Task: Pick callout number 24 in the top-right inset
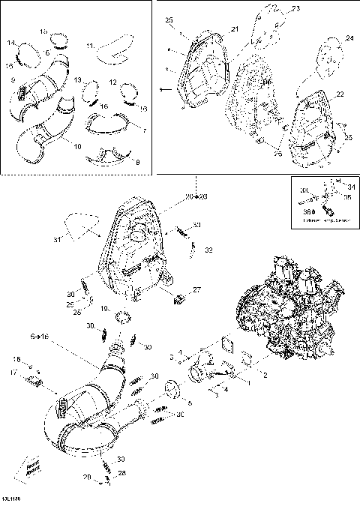pos(348,38)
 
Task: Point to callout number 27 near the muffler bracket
pos(196,289)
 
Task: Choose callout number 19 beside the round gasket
pos(106,308)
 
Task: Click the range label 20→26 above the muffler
pos(197,196)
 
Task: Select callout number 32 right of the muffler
pos(209,249)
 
